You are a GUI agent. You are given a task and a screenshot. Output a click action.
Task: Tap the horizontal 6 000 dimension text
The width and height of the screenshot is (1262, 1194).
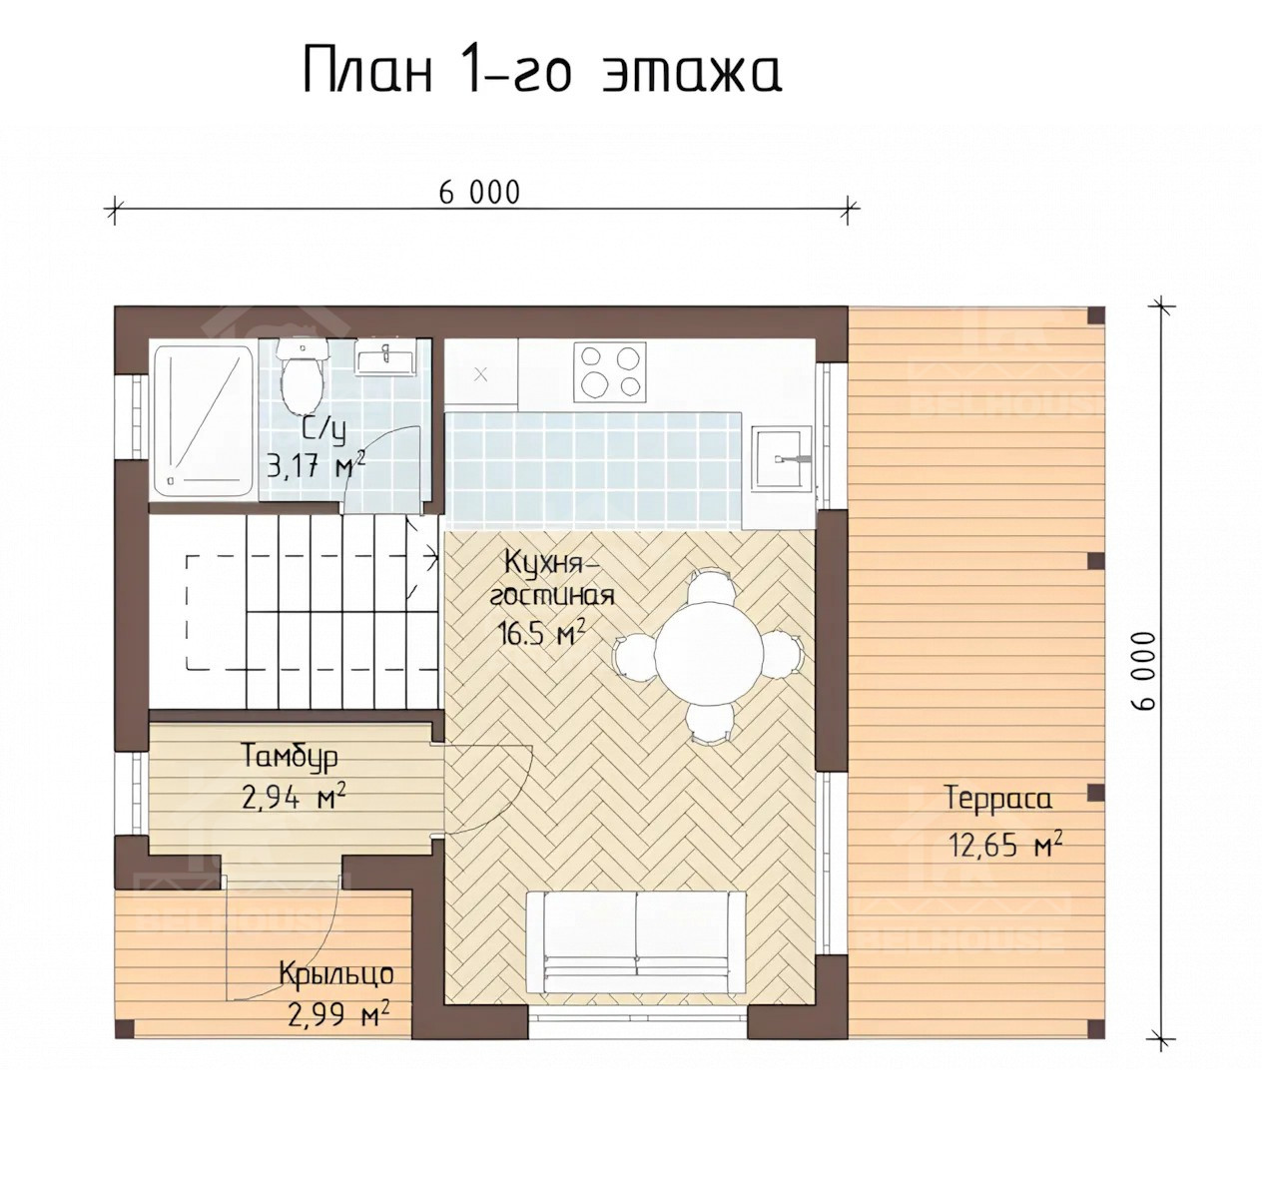click(479, 192)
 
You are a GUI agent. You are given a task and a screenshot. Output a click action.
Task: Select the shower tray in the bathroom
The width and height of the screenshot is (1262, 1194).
click(203, 420)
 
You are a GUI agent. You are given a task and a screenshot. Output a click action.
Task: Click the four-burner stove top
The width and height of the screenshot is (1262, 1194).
click(606, 370)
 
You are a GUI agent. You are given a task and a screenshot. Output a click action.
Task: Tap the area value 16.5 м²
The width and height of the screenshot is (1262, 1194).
click(540, 634)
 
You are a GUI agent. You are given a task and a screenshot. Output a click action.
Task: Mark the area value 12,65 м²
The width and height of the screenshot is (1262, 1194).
click(1003, 846)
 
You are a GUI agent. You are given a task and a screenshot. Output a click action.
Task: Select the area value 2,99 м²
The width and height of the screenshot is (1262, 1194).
click(338, 1016)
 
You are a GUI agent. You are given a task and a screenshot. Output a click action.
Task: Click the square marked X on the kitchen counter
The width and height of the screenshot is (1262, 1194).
click(480, 374)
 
